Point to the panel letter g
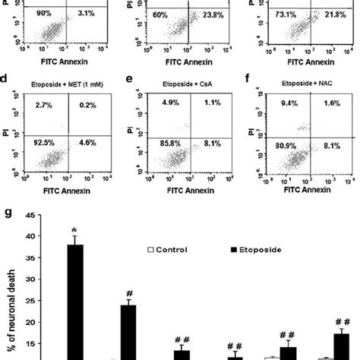pyautogui.click(x=6, y=207)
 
